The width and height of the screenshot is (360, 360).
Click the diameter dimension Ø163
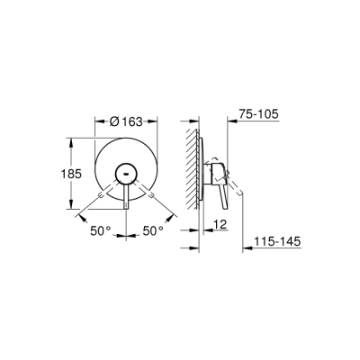pos(133,120)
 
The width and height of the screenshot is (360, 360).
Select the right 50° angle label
pos(153,230)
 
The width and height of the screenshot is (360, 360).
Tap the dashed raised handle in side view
pos(236,187)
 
